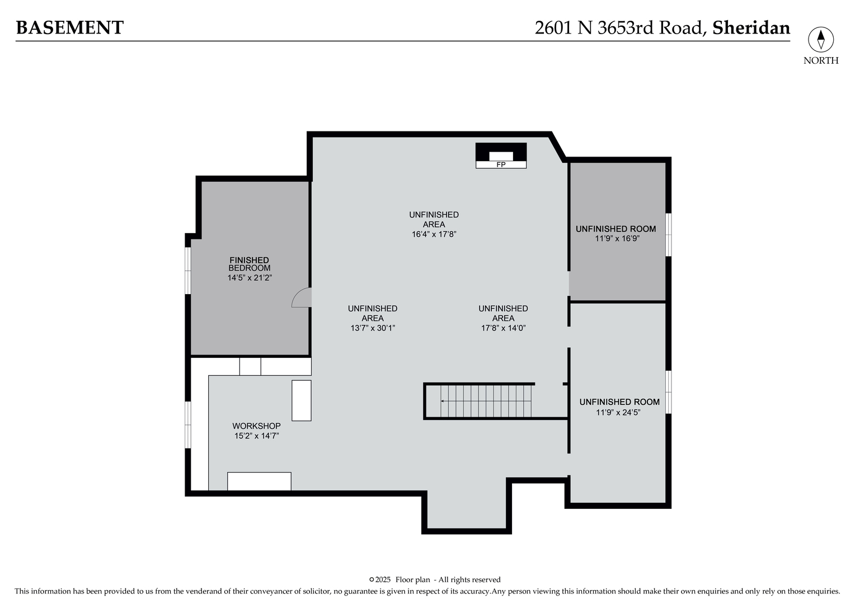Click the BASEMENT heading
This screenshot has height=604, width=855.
[x=69, y=27]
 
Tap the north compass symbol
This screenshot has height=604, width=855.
[x=820, y=40]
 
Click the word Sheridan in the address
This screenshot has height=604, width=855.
[x=751, y=27]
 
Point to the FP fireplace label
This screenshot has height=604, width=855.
[x=501, y=164]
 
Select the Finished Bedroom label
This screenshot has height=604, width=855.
[x=249, y=264]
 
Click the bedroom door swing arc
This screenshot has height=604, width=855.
[x=301, y=297]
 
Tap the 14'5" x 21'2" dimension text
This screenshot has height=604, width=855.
[x=250, y=277]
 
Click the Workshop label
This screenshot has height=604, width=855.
[x=256, y=426]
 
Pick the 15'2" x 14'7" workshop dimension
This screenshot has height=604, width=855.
[x=256, y=436]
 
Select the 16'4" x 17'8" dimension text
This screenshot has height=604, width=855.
[x=434, y=234]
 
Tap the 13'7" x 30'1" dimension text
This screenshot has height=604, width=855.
[x=373, y=328]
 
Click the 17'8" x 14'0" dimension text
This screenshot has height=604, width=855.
[x=503, y=328]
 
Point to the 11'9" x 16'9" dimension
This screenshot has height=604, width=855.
[x=617, y=238]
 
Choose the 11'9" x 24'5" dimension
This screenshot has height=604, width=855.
[x=618, y=412]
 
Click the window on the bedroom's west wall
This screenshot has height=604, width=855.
[x=188, y=270]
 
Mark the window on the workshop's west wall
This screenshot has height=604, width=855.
[x=188, y=424]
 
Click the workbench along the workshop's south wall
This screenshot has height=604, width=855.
[x=259, y=481]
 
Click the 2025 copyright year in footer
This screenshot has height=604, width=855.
[x=383, y=579]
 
